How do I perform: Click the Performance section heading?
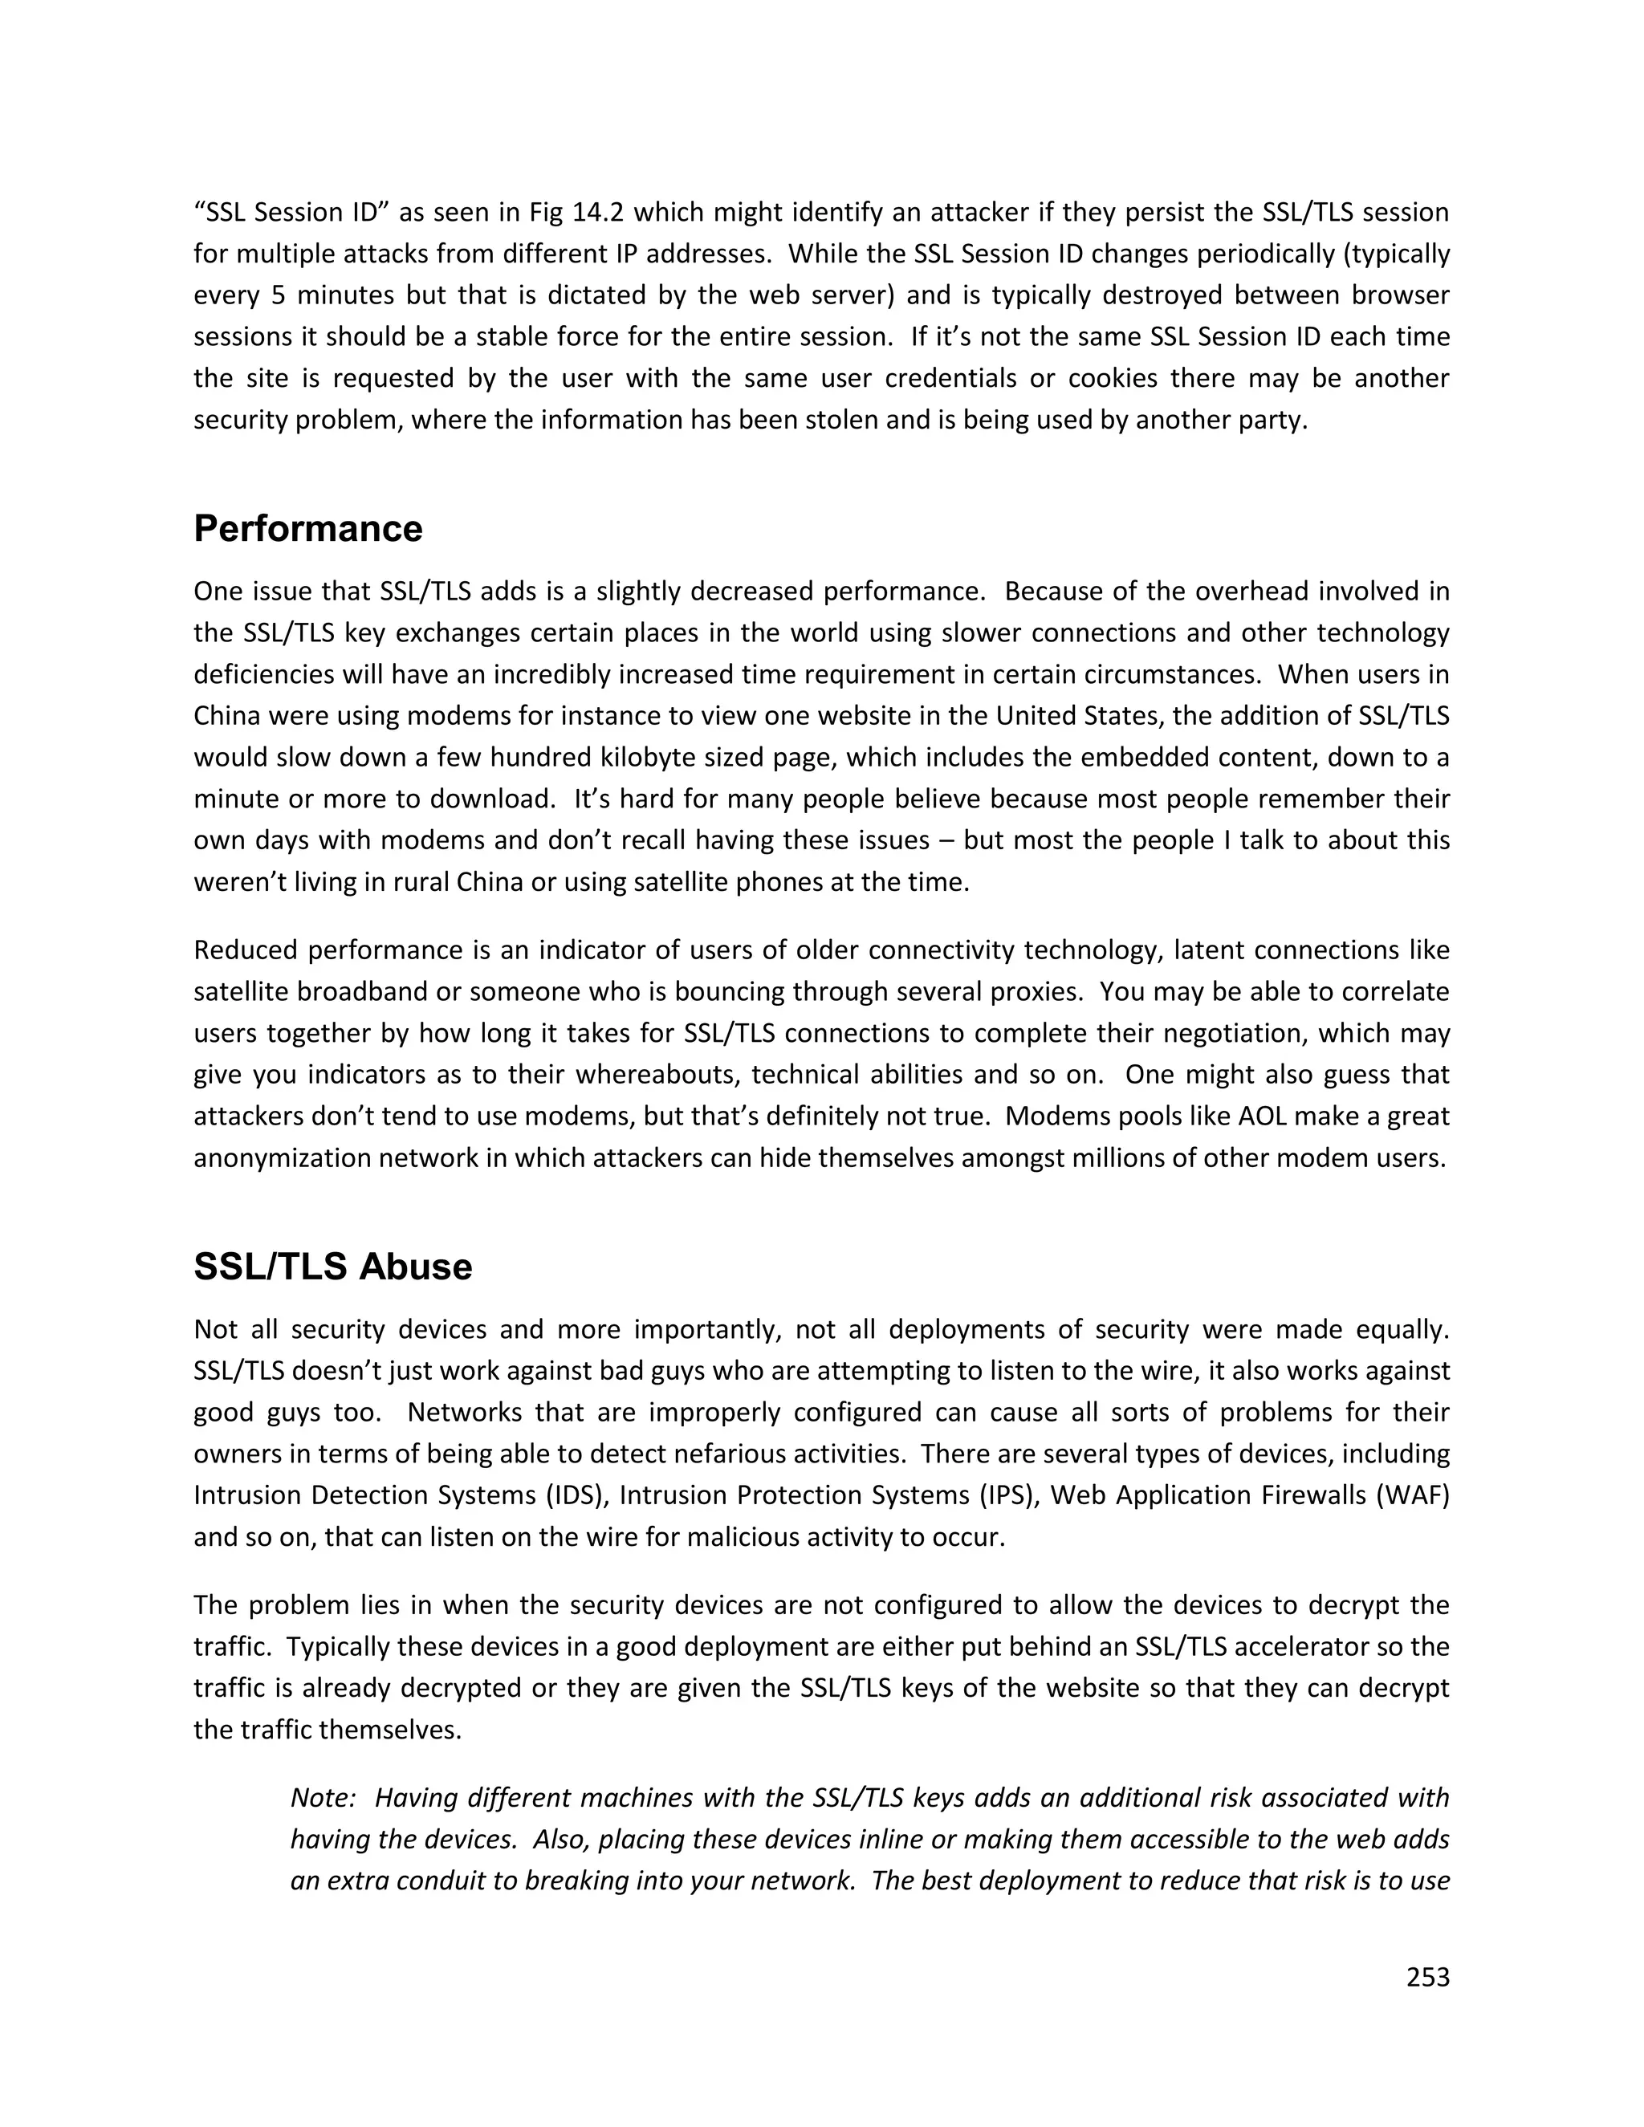click(307, 529)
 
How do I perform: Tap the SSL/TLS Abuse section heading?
click(333, 1267)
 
